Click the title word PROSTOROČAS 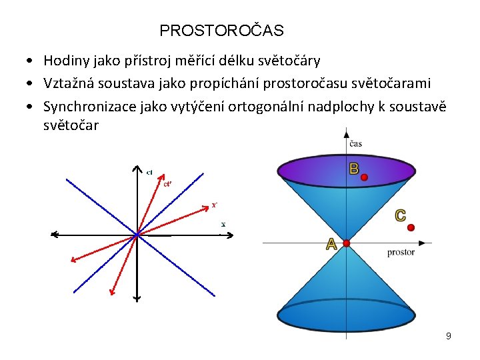coord(221,31)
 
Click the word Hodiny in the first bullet coord(65,61)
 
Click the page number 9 coord(449,336)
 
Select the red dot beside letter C coord(411,227)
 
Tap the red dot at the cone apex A coord(346,243)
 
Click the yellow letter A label coord(331,245)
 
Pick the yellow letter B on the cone coord(353,169)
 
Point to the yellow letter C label coord(400,215)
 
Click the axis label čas coord(355,144)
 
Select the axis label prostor coord(401,252)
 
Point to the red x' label coord(215,205)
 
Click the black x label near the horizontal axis coord(223,224)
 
